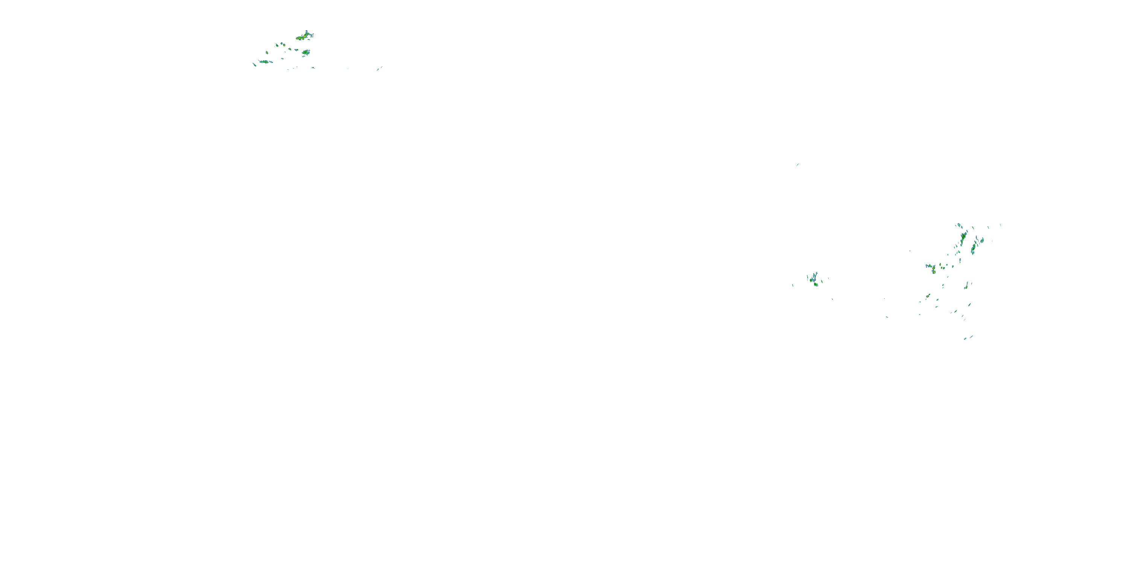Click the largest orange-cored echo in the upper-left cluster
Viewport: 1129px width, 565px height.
pos(301,38)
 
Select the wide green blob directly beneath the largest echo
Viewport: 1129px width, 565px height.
pos(306,52)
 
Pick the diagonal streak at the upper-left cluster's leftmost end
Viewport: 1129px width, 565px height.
pos(254,64)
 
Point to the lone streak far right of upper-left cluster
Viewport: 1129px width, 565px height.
pos(379,69)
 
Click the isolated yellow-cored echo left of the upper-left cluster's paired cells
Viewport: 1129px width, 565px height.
pos(266,53)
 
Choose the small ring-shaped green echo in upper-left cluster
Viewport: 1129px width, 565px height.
pos(277,45)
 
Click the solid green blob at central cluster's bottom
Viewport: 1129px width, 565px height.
pos(816,284)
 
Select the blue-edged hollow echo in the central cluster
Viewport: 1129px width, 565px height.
pos(813,278)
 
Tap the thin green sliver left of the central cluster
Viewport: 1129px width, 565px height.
pos(793,286)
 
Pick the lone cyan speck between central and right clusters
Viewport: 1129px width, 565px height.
pos(887,317)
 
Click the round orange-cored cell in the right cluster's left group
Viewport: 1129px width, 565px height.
pos(934,272)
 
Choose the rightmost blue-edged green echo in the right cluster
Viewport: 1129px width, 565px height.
pos(982,240)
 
